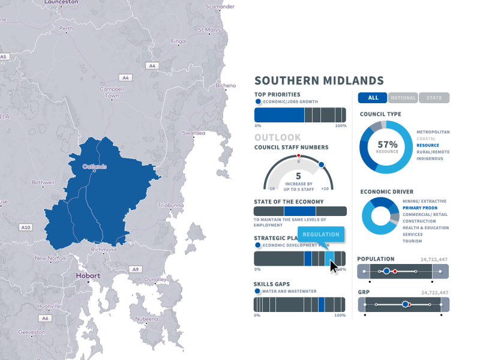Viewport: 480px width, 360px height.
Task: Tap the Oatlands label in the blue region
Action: [94, 166]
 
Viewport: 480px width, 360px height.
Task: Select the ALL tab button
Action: [373, 98]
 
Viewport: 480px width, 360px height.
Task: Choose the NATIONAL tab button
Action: [403, 98]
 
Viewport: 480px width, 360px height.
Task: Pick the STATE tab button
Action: [434, 98]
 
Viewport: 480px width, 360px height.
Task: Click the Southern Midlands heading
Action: [319, 80]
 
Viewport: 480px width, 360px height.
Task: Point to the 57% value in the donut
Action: [388, 145]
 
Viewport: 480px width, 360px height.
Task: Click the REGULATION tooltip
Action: [321, 235]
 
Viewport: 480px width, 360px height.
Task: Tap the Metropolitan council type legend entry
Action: [433, 132]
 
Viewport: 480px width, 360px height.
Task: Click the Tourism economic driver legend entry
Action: [412, 241]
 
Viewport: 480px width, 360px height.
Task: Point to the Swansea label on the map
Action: [193, 133]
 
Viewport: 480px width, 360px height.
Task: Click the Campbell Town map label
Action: [111, 92]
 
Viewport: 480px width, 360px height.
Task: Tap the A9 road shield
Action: [136, 269]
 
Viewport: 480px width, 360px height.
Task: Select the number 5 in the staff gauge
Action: [298, 176]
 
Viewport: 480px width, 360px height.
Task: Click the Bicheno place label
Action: [226, 85]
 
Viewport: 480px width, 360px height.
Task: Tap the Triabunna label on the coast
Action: [169, 205]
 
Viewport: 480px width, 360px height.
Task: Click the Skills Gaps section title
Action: [277, 284]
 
